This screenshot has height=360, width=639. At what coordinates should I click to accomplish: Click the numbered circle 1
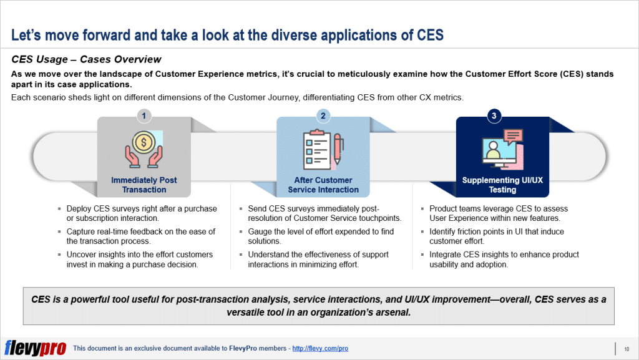pyautogui.click(x=144, y=115)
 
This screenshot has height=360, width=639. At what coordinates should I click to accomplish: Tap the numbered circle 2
pyautogui.click(x=323, y=115)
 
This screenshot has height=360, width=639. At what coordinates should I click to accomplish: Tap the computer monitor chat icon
pyautogui.click(x=502, y=148)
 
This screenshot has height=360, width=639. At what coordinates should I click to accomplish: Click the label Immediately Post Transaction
pyautogui.click(x=144, y=185)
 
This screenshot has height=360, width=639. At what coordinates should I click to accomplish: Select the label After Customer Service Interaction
pyautogui.click(x=323, y=185)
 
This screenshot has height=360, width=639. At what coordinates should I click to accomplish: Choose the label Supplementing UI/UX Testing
pyautogui.click(x=502, y=185)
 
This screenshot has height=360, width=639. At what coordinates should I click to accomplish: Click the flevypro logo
pyautogui.click(x=35, y=348)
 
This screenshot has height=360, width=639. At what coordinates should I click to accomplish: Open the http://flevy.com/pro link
pyautogui.click(x=319, y=348)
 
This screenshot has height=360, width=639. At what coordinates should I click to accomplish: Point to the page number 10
pyautogui.click(x=625, y=348)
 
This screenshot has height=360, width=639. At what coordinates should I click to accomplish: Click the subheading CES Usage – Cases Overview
pyautogui.click(x=86, y=59)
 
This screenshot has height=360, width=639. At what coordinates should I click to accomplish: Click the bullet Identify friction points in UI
pyautogui.click(x=496, y=236)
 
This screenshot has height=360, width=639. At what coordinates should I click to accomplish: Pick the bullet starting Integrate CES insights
pyautogui.click(x=504, y=260)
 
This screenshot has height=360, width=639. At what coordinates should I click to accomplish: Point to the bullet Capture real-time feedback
pyautogui.click(x=140, y=236)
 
